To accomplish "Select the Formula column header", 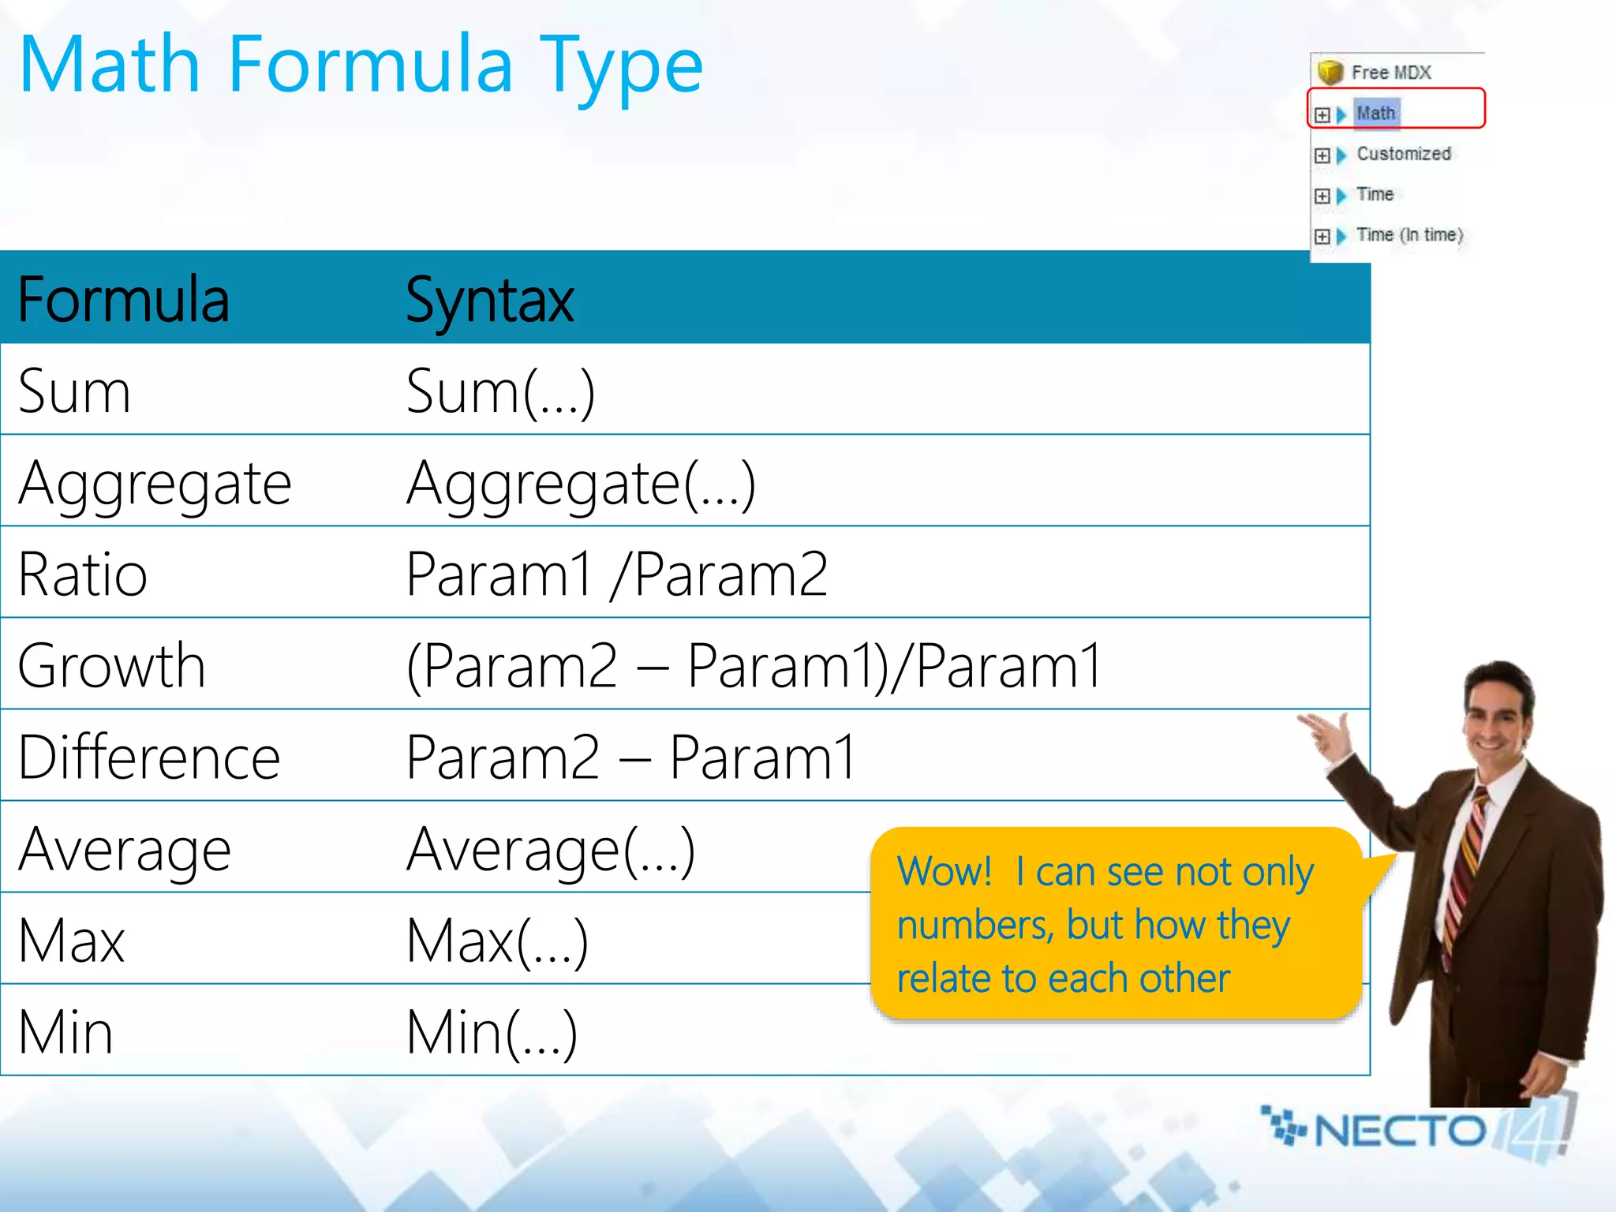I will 123,301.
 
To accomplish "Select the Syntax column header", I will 489,301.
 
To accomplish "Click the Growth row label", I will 111,666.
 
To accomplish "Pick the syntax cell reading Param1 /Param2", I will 616,574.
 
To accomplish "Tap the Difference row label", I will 149,757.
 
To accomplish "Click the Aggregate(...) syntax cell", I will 581,483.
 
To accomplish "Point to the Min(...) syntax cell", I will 492,1032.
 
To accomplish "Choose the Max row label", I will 71,941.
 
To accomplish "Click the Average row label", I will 125,850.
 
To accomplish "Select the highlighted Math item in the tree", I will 1375,114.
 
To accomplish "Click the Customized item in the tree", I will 1403,154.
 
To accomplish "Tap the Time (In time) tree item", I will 1409,235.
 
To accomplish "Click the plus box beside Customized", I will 1322,155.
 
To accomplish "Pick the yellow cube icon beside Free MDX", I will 1330,72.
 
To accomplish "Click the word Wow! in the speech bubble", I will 944,872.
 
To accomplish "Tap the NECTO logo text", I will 1400,1131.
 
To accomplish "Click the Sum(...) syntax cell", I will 499,391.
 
